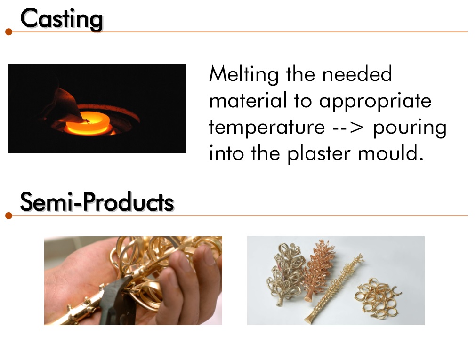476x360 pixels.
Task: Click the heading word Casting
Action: coord(62,19)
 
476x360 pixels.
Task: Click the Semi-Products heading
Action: coord(97,202)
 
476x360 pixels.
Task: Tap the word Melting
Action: coord(244,74)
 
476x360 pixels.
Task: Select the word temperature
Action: coord(267,127)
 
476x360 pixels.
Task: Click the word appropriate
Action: coord(375,102)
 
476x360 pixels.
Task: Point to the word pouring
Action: coord(410,128)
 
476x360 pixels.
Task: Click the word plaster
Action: coord(319,153)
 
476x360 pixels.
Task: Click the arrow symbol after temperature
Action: coord(348,128)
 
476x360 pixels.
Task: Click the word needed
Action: coord(357,74)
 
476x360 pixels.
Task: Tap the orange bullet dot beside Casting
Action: coord(9,32)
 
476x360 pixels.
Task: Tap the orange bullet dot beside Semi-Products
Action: coord(9,216)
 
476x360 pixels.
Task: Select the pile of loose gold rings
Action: coord(377,298)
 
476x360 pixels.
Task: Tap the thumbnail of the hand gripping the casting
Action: coord(133,281)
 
